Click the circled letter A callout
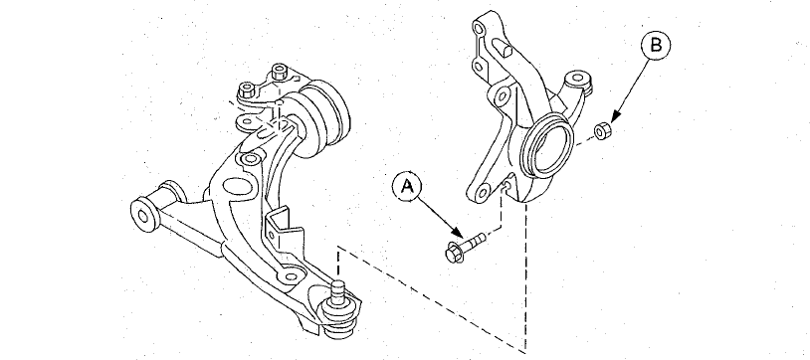click(x=408, y=187)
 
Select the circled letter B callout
click(x=656, y=46)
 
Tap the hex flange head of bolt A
click(x=455, y=252)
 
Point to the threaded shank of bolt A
click(x=476, y=241)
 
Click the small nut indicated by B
click(x=602, y=130)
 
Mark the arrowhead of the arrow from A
click(x=457, y=233)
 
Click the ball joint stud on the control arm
click(x=338, y=291)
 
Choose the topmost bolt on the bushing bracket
click(x=280, y=71)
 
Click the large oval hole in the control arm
click(x=236, y=188)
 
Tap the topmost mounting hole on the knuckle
click(x=480, y=29)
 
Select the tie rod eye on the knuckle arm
click(x=578, y=80)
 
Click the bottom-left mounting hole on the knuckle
click(x=483, y=194)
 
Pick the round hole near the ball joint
click(x=292, y=276)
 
